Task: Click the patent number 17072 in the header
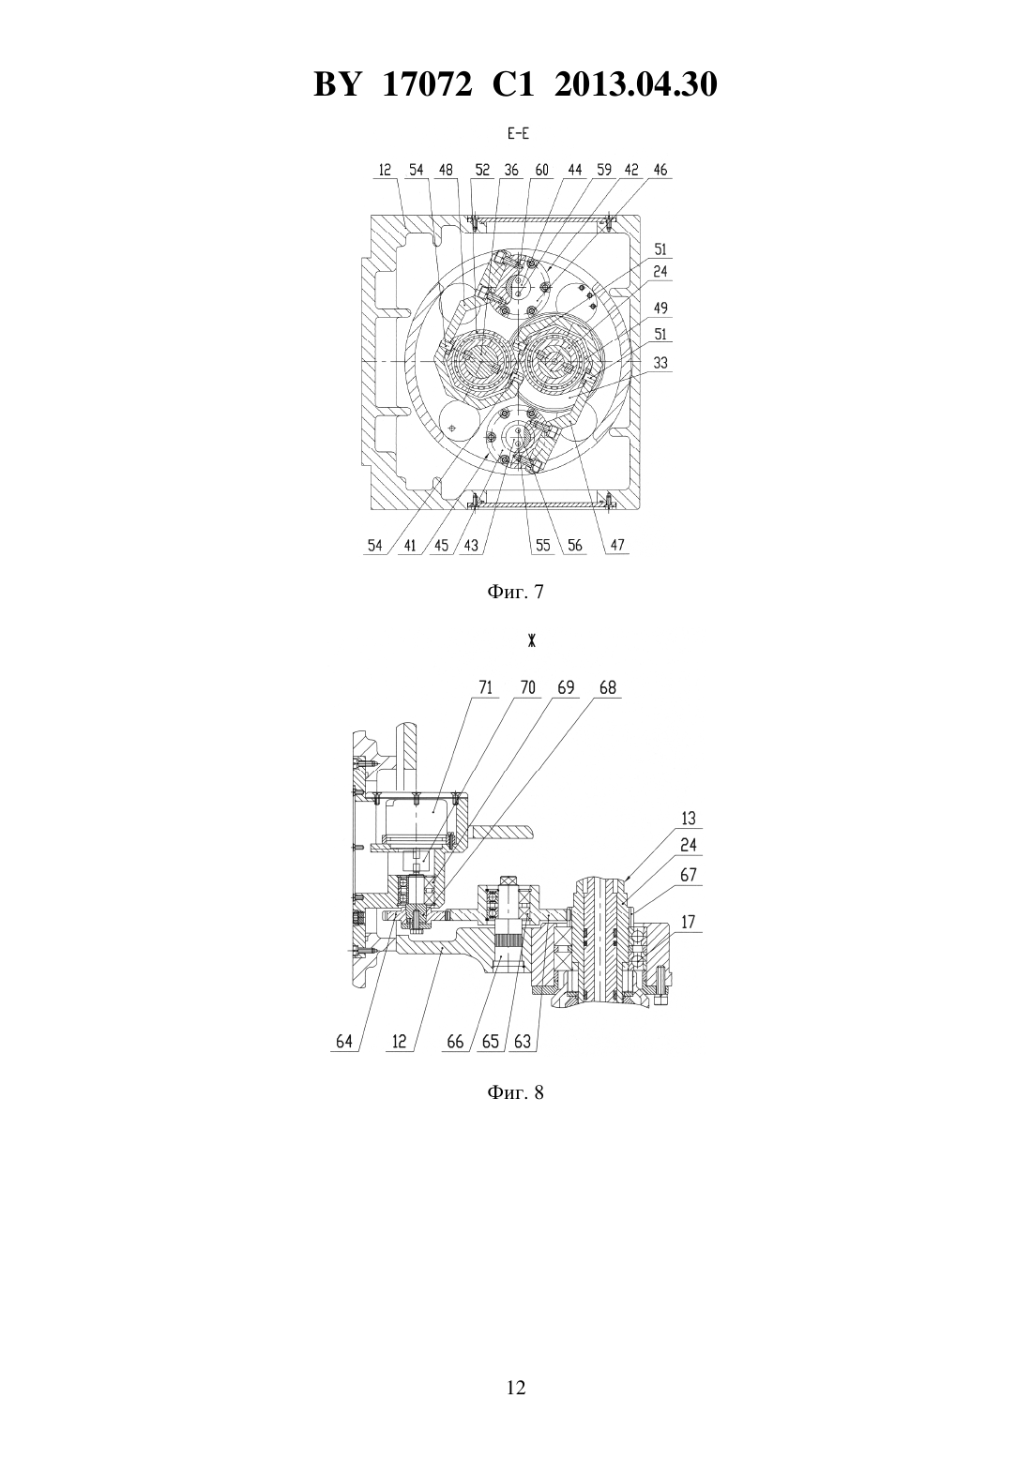pyautogui.click(x=427, y=84)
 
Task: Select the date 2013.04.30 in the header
pyautogui.click(x=636, y=84)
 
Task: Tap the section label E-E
pyautogui.click(x=519, y=135)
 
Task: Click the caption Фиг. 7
pyautogui.click(x=515, y=592)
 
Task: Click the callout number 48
pyautogui.click(x=446, y=170)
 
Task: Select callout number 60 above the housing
pyautogui.click(x=541, y=170)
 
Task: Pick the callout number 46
pyautogui.click(x=660, y=170)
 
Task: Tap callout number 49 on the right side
pyautogui.click(x=660, y=308)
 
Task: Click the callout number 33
pyautogui.click(x=660, y=363)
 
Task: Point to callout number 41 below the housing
pyautogui.click(x=410, y=545)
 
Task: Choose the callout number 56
pyautogui.click(x=574, y=545)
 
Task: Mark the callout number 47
pyautogui.click(x=617, y=545)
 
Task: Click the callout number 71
pyautogui.click(x=485, y=688)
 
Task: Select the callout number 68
pyautogui.click(x=607, y=688)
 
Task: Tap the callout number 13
pyautogui.click(x=689, y=818)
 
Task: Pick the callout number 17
pyautogui.click(x=689, y=923)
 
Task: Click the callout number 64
pyautogui.click(x=344, y=1042)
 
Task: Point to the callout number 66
pyautogui.click(x=455, y=1042)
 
